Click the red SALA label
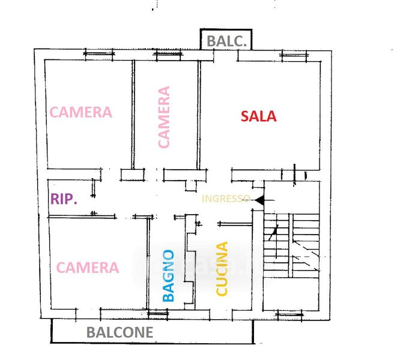coord(258,116)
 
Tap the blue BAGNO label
coord(168,275)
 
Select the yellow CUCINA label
coord(222,268)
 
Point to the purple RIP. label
coord(64,199)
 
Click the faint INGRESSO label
coord(226,199)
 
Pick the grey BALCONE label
coord(120,332)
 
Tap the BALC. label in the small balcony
coord(226,41)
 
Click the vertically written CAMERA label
coord(164,117)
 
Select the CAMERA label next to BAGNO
coord(88,268)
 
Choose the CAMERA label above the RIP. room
coord(81,112)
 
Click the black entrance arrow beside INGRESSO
coord(259,200)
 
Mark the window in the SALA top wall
coord(294,55)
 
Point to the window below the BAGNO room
coord(158,314)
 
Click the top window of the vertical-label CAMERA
coord(168,54)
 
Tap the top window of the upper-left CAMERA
coord(99,54)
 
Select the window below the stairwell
coord(289,315)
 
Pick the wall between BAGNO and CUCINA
coord(190,261)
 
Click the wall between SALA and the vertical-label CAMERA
coord(199,115)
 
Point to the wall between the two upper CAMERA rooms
coord(133,115)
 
